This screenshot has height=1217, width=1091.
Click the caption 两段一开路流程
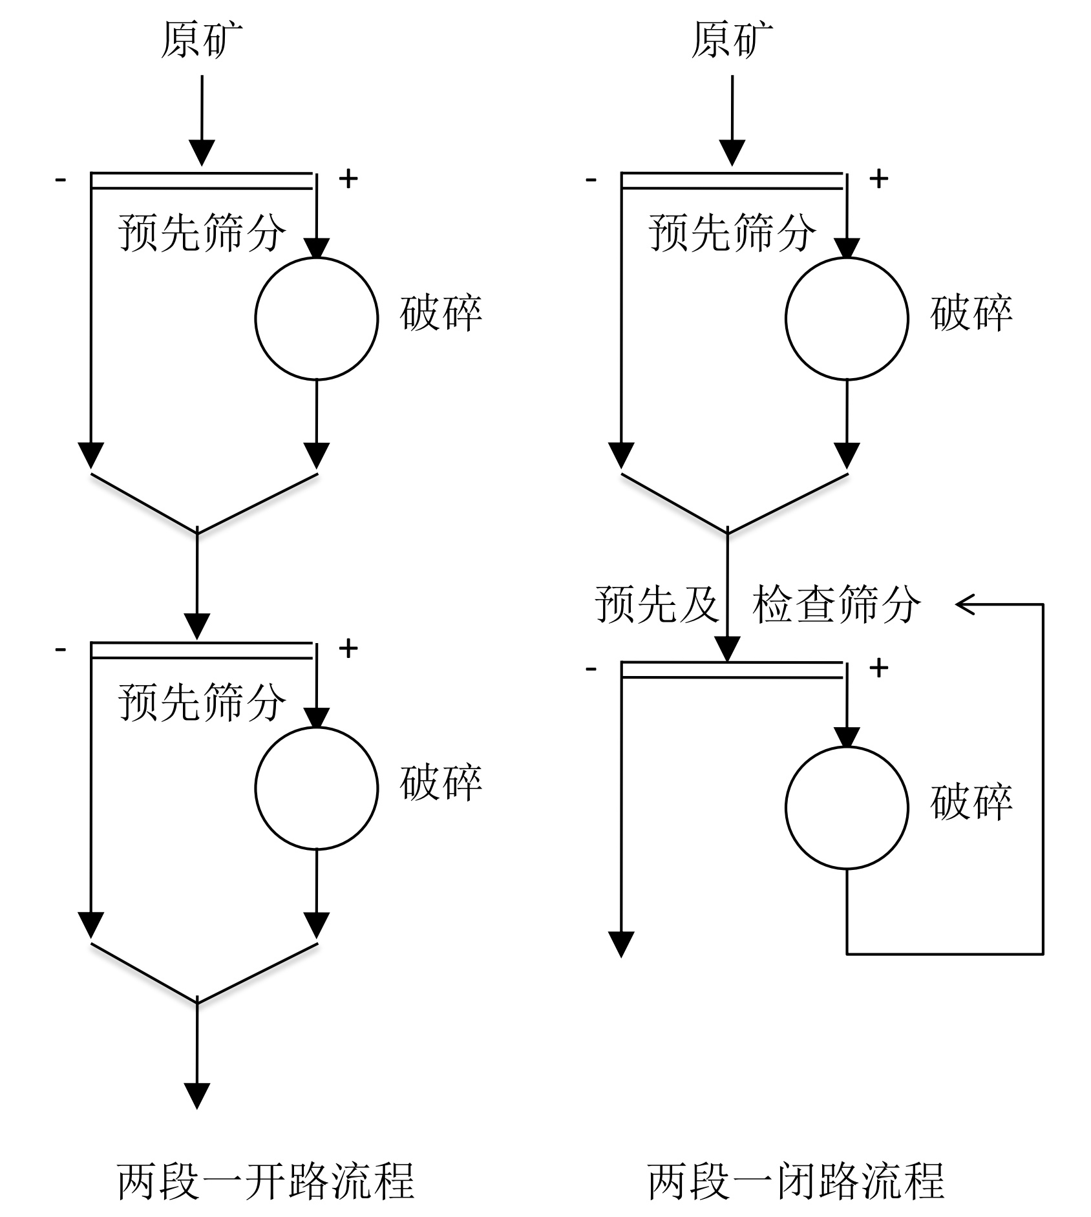[x=266, y=1180]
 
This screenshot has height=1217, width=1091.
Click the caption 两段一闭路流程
[x=796, y=1180]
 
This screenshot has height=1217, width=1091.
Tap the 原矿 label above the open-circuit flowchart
[x=202, y=40]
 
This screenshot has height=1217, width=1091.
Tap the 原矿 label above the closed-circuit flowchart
[x=732, y=40]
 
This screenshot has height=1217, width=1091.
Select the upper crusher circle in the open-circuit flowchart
[x=316, y=318]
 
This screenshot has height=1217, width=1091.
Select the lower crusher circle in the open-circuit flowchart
[x=316, y=788]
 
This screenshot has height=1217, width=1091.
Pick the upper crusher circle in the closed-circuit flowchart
[x=847, y=318]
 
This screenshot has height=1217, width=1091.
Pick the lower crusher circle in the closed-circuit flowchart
[x=847, y=807]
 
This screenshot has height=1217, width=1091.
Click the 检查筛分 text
[x=836, y=605]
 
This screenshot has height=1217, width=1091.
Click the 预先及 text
[x=657, y=605]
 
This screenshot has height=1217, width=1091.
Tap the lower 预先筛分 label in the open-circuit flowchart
[x=202, y=701]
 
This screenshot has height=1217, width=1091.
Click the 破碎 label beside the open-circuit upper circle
[x=441, y=313]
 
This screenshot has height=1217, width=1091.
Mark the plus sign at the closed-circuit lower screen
[x=878, y=667]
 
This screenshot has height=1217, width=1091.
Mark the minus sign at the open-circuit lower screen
[x=61, y=648]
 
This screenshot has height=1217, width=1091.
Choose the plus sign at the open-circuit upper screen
[x=348, y=178]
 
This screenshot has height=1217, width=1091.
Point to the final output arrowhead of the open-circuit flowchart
[x=197, y=1096]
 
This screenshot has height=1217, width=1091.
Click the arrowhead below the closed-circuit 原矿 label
[x=732, y=153]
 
